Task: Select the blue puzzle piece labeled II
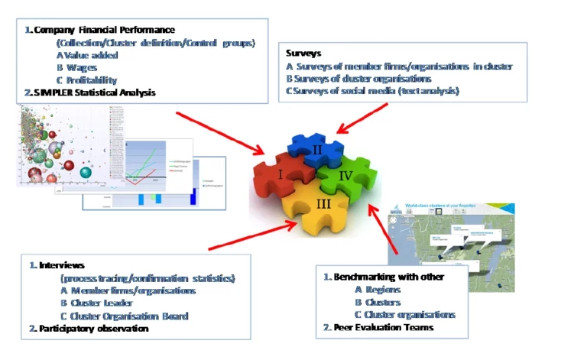point(316,151)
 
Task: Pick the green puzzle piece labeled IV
point(348,176)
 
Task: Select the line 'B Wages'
point(81,67)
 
